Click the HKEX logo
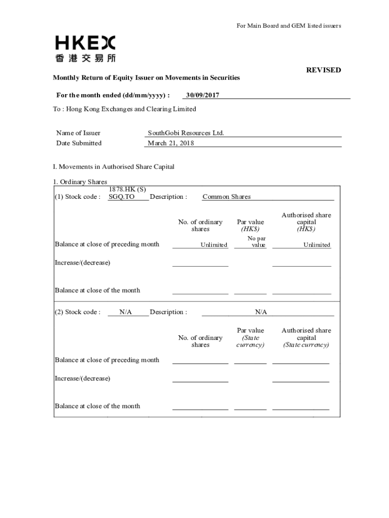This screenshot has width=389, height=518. pos(85,49)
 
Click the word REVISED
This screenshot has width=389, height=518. pos(323,70)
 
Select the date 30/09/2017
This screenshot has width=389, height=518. pos(203,95)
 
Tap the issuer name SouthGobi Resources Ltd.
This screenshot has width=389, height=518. pos(186,133)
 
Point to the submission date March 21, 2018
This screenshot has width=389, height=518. pos(171,143)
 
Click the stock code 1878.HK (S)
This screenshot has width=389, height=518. pos(127,189)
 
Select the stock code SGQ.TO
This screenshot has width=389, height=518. pos(122,197)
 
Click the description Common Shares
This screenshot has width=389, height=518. pos(226,197)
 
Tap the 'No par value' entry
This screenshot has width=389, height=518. pos(257,241)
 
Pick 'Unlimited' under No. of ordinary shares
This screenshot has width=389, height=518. pos(214,245)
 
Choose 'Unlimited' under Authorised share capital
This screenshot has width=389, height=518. pos(317,245)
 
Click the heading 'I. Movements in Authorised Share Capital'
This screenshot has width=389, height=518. pos(114,166)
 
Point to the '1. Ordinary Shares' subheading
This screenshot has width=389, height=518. pos(80,182)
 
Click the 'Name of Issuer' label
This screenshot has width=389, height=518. pos(78,133)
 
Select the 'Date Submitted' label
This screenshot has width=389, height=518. pos(79,143)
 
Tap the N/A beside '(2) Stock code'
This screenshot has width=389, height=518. pos(126,312)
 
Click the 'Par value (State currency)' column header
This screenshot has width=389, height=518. pos(250,337)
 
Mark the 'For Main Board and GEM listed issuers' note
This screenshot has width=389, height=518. pos(289,26)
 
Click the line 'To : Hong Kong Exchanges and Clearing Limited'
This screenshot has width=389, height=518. pos(124,109)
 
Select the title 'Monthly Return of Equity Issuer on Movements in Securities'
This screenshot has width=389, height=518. pos(147,77)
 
